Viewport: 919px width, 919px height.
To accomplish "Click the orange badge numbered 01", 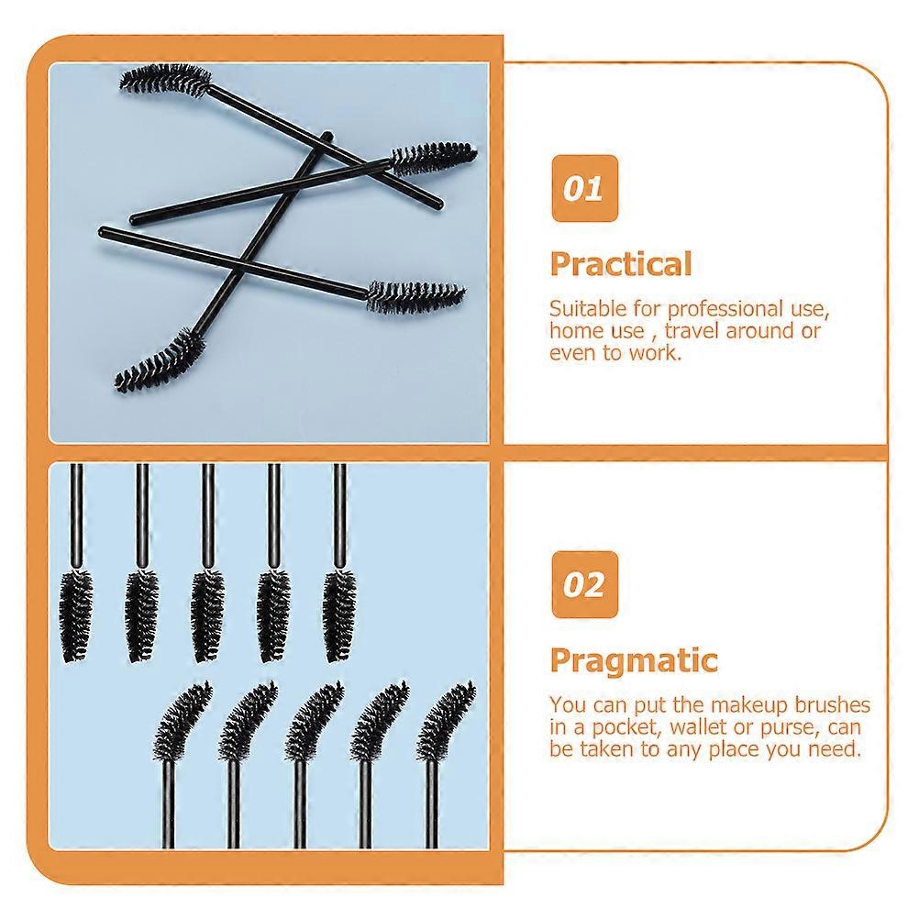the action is click(x=584, y=188).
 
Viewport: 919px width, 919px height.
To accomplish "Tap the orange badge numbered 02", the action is click(x=584, y=584).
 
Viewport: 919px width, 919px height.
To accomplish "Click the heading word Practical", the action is click(x=621, y=264).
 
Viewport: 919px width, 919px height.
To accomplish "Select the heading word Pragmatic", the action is click(x=634, y=661).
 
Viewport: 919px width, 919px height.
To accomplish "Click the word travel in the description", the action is click(x=692, y=331).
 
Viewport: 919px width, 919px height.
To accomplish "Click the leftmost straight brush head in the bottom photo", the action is click(x=75, y=615).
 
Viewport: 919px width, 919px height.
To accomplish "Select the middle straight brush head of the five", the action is click(x=208, y=615).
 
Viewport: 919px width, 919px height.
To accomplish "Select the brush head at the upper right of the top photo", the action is click(x=434, y=158).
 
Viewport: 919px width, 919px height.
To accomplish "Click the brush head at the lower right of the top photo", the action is click(x=415, y=295).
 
